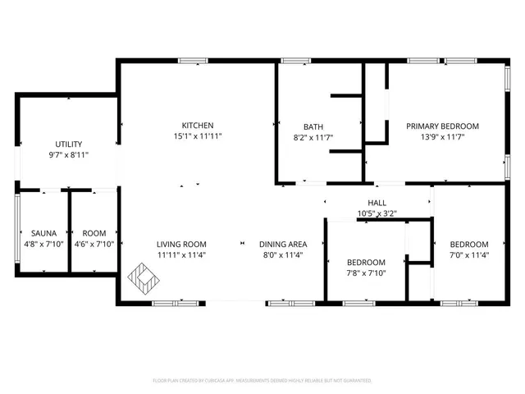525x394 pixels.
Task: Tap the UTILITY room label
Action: pyautogui.click(x=68, y=144)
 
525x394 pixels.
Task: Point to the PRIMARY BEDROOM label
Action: pyautogui.click(x=443, y=126)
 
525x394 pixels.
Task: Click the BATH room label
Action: pyautogui.click(x=313, y=126)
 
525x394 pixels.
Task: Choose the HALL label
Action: pyautogui.click(x=377, y=203)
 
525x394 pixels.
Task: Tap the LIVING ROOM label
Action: pyautogui.click(x=183, y=244)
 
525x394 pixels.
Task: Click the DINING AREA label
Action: pyautogui.click(x=283, y=244)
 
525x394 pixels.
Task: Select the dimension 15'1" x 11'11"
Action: pyautogui.click(x=197, y=136)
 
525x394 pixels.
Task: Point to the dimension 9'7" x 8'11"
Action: pyautogui.click(x=68, y=154)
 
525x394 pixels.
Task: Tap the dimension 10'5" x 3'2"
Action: pyautogui.click(x=377, y=213)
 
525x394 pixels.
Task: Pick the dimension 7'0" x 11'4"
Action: pyautogui.click(x=468, y=255)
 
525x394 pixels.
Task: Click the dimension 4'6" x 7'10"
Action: pyautogui.click(x=94, y=244)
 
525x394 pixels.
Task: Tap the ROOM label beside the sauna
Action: pyautogui.click(x=94, y=233)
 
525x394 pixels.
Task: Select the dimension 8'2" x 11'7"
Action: pyautogui.click(x=313, y=137)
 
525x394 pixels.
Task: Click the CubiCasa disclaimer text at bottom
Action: pyautogui.click(x=262, y=381)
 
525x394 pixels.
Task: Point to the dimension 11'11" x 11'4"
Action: pyautogui.click(x=183, y=254)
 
